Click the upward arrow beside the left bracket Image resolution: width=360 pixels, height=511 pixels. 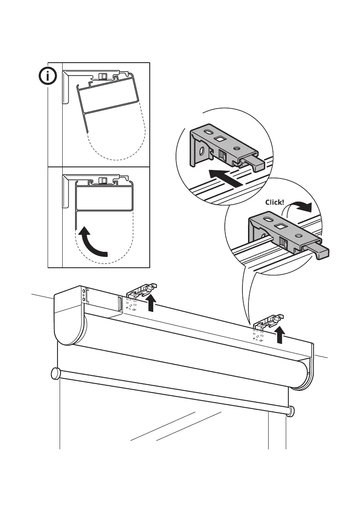coord(151,302)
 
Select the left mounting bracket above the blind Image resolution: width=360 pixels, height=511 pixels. coord(140,293)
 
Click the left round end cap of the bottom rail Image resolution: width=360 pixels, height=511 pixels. coord(55,373)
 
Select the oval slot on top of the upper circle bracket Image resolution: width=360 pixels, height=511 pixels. coord(208,132)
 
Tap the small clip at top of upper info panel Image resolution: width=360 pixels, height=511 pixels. coord(103,76)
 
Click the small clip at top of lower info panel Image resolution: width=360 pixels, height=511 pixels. coord(103,181)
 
